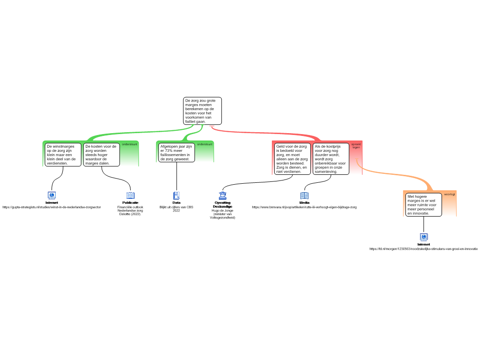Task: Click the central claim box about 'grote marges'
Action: coord(202,111)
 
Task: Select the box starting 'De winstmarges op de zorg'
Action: coord(63,155)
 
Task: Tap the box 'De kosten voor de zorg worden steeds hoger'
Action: coord(102,155)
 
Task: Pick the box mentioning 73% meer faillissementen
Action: coord(176,153)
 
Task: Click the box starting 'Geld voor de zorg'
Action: coord(292,159)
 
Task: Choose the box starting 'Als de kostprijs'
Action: coord(331,159)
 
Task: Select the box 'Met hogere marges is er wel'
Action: coord(424,205)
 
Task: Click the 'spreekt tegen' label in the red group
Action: coord(356,146)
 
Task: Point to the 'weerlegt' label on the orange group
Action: coord(450,194)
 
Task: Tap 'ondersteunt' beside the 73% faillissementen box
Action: coord(205,144)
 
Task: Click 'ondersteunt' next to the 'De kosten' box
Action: coord(130,144)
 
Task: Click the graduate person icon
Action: coord(223,195)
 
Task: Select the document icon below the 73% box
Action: coord(177,195)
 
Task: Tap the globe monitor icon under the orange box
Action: coord(424,237)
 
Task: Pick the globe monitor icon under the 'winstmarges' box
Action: coord(52,195)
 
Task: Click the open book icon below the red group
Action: coord(304,195)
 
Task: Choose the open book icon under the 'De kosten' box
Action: coord(130,195)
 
